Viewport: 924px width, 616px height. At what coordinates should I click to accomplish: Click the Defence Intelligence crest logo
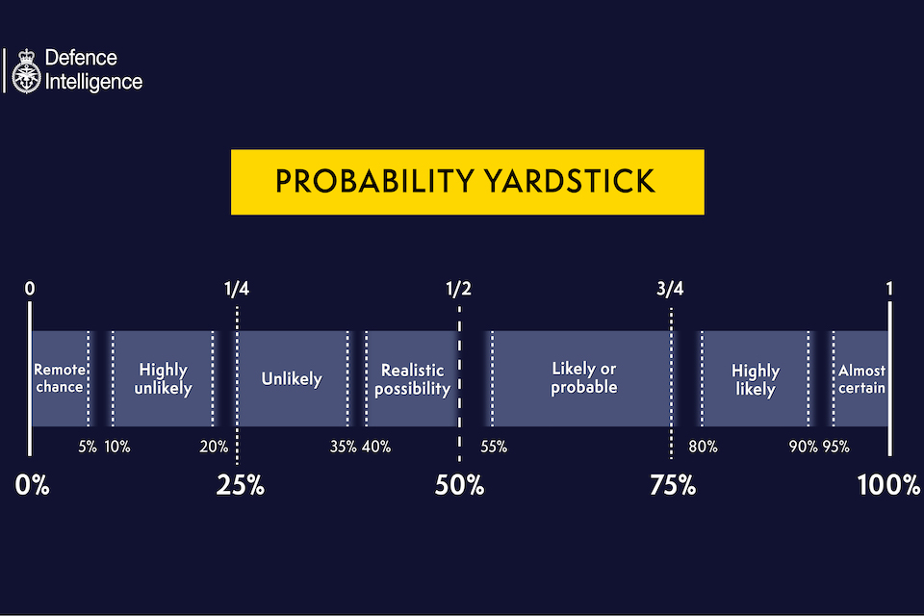point(24,70)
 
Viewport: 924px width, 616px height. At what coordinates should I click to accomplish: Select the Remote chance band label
point(59,378)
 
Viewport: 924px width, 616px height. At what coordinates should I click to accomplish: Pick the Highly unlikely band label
point(163,378)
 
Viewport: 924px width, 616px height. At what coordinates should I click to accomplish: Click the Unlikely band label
point(292,378)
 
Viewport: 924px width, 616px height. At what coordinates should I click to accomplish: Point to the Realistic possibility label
point(412,378)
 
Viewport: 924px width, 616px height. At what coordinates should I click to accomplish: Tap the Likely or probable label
point(583,378)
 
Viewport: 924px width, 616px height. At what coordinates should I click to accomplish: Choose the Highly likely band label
point(756,379)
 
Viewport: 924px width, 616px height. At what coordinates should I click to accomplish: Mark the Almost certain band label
point(861,378)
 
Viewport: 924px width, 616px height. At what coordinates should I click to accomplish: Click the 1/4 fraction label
point(236,288)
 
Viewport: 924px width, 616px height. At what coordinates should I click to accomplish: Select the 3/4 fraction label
point(670,288)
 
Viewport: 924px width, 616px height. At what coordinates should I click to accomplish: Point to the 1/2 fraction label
point(459,288)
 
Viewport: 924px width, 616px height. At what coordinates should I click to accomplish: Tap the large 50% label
point(459,485)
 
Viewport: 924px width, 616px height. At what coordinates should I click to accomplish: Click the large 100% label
point(888,485)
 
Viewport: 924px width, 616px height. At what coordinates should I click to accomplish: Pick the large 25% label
point(240,485)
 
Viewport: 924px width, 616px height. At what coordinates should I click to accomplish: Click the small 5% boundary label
point(87,447)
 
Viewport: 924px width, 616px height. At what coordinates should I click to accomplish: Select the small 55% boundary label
point(493,447)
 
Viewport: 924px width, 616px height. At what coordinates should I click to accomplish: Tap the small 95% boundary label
point(835,447)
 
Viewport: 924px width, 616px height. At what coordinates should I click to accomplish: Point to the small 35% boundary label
point(343,447)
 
